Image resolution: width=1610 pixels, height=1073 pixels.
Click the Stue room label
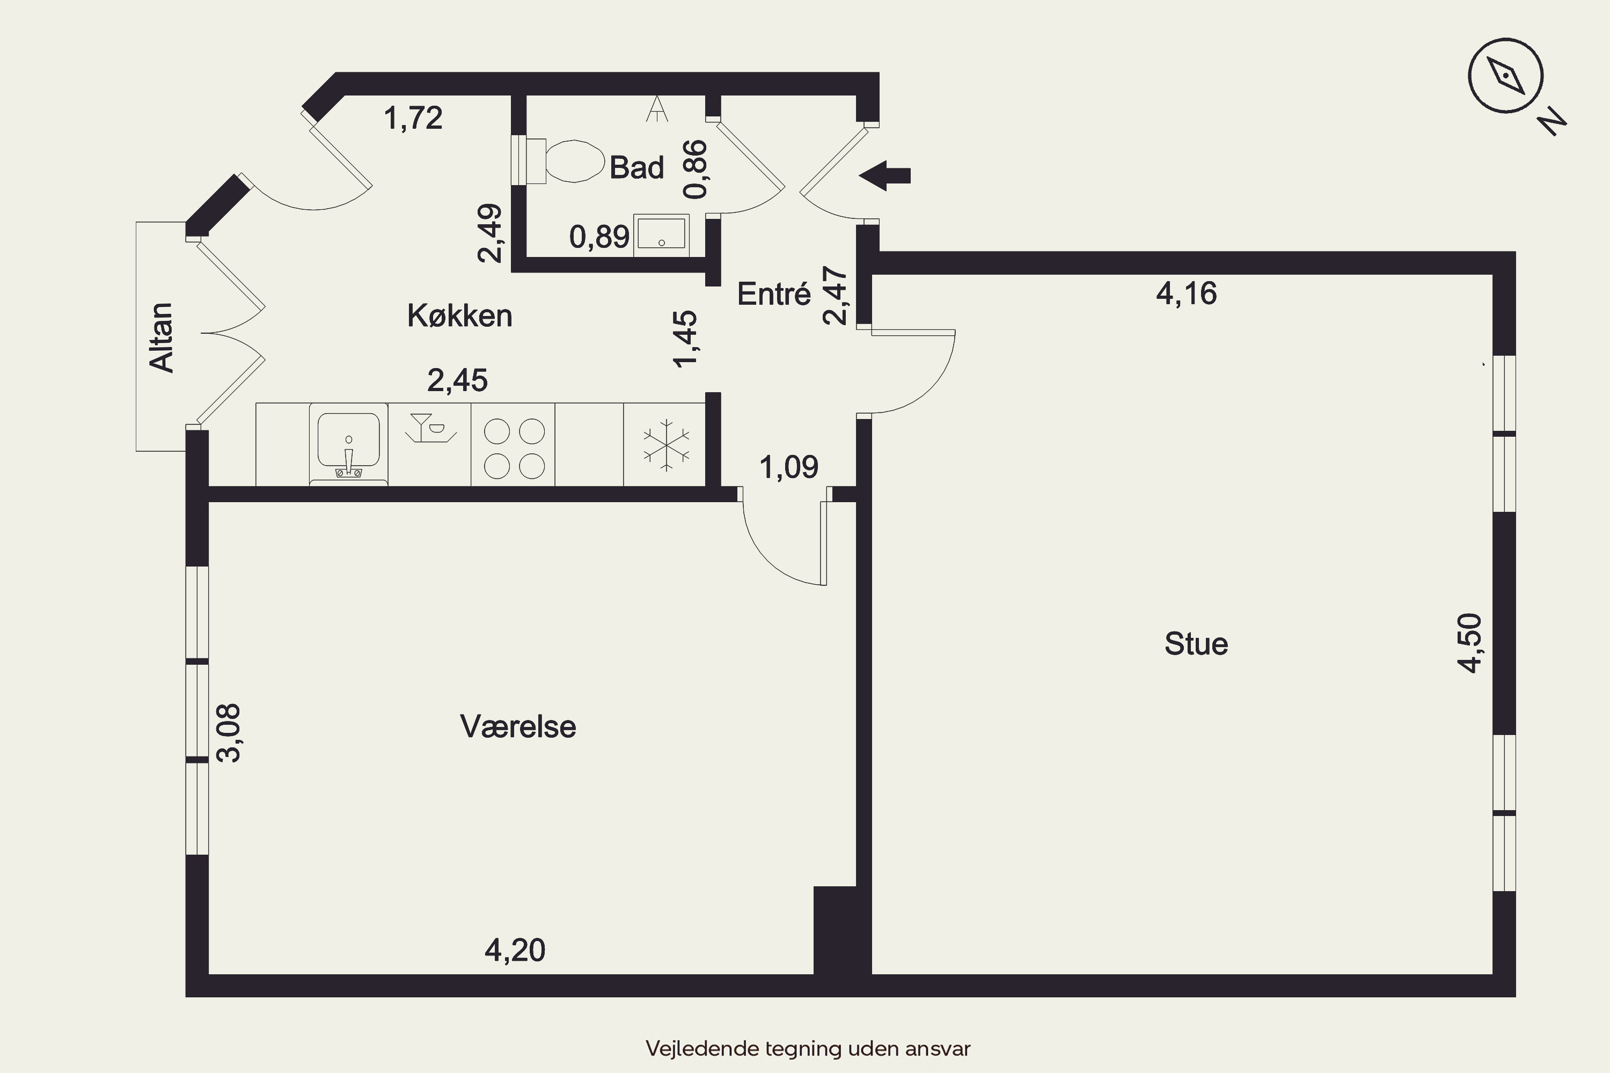1196,644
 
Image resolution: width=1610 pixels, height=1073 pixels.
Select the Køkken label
459,315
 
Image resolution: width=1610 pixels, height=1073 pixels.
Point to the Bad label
636,167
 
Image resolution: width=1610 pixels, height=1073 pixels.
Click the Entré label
773,293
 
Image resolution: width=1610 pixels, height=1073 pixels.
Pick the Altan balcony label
162,337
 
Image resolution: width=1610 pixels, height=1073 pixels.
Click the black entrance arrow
884,176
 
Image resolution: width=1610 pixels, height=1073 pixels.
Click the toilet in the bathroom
564,161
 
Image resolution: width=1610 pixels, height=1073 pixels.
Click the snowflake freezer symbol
665,445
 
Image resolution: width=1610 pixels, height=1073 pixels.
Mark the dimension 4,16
1186,293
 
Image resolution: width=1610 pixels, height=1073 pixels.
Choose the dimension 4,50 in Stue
1470,643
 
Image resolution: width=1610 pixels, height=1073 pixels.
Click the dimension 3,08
228,733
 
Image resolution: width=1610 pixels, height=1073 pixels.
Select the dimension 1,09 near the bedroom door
788,467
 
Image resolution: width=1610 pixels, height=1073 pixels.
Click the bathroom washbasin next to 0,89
661,235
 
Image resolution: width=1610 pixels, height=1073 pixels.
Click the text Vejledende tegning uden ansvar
808,1048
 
